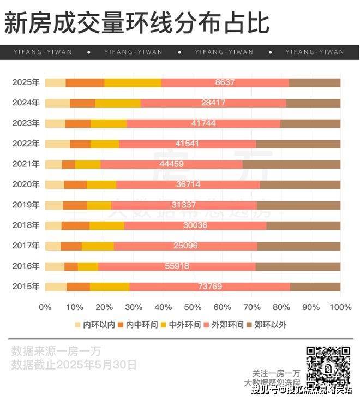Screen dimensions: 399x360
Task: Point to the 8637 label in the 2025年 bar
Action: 225,82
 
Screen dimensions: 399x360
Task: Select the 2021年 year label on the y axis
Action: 26,164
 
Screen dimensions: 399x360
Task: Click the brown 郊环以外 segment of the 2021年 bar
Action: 291,164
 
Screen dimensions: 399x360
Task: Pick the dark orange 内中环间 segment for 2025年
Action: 85,82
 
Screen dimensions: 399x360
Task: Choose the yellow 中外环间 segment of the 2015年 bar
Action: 110,287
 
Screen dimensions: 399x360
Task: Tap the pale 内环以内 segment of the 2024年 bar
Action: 57,103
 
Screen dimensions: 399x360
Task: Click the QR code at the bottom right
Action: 327,365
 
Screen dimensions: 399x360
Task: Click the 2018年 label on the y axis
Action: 26,225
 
